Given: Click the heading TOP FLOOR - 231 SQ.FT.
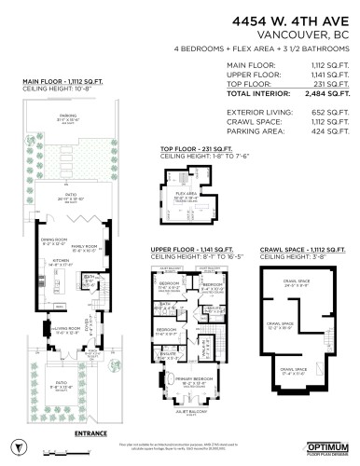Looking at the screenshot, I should (x=195, y=148).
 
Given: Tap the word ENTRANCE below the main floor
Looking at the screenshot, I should (x=91, y=433).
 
